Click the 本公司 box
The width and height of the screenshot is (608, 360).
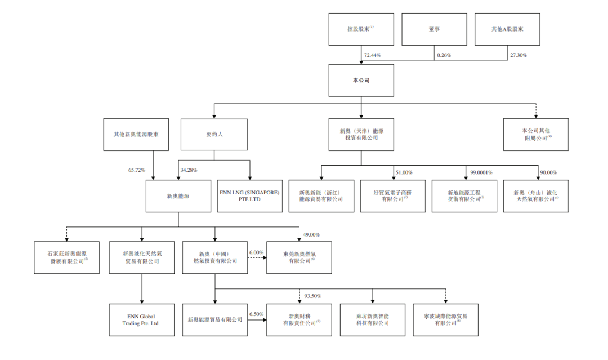click(x=361, y=80)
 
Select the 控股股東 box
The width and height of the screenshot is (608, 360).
click(x=361, y=29)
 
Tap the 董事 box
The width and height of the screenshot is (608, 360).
click(x=433, y=29)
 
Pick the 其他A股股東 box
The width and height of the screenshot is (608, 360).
click(x=507, y=29)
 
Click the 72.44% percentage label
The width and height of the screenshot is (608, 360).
click(x=373, y=55)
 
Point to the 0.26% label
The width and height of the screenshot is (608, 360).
click(x=443, y=55)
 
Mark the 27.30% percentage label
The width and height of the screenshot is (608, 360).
click(x=518, y=55)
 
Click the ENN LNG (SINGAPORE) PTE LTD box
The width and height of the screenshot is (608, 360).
click(x=250, y=195)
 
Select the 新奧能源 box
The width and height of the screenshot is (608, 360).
click(x=178, y=195)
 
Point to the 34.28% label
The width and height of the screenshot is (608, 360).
click(x=189, y=170)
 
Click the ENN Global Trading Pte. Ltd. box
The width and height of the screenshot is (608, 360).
click(x=141, y=319)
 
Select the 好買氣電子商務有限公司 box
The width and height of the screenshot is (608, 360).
click(x=392, y=195)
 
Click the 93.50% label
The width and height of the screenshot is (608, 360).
click(x=312, y=296)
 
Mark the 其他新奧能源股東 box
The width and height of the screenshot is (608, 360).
click(x=136, y=135)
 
